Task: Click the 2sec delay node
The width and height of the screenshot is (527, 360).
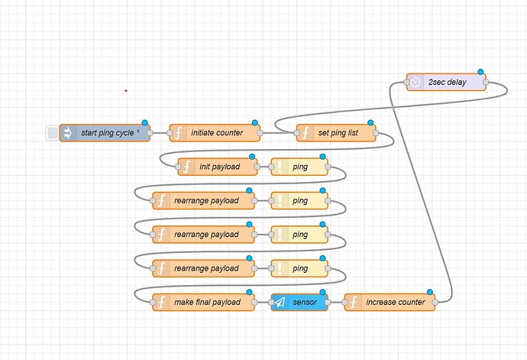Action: [448, 82]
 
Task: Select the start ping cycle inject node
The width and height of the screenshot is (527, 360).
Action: [107, 133]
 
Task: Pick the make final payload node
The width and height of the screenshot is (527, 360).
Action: [206, 302]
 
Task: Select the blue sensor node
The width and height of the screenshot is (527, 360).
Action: [299, 302]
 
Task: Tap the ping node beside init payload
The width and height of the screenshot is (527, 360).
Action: [299, 167]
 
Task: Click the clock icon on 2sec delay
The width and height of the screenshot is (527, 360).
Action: [415, 82]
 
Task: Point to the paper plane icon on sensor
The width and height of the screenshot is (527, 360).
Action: [280, 302]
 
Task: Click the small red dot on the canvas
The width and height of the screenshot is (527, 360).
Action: [126, 91]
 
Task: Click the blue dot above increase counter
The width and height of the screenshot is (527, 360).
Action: [430, 292]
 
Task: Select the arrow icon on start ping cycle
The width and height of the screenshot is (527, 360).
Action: [67, 133]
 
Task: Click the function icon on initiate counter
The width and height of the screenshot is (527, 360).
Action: [178, 133]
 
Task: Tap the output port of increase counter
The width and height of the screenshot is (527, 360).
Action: [436, 302]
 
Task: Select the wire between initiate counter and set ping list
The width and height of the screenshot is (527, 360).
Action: [278, 133]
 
